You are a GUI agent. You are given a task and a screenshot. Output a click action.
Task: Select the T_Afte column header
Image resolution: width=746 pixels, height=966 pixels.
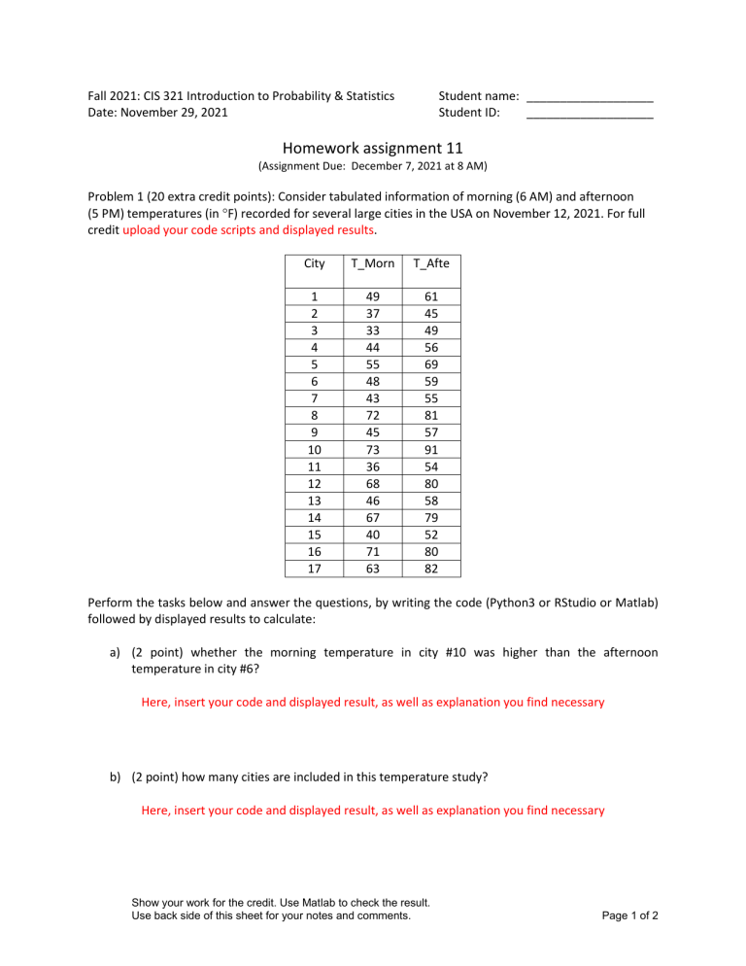click(x=430, y=263)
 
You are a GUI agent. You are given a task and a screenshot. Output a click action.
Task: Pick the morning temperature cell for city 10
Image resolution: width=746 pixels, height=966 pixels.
click(x=372, y=450)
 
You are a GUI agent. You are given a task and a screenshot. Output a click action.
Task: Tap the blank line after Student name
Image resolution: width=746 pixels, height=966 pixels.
click(x=590, y=101)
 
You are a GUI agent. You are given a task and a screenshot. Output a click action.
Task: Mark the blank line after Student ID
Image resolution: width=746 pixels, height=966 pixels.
click(x=590, y=118)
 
